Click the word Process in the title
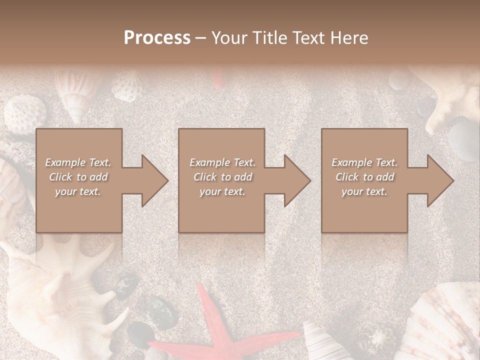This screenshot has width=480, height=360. [157, 38]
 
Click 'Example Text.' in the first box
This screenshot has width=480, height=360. [78, 162]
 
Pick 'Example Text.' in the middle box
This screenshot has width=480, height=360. [222, 162]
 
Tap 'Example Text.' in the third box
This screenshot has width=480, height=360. [364, 162]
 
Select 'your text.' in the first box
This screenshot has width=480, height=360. [78, 191]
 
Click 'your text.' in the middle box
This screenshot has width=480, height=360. [222, 191]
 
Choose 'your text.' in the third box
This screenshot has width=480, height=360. [364, 191]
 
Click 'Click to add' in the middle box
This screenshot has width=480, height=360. [222, 177]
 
